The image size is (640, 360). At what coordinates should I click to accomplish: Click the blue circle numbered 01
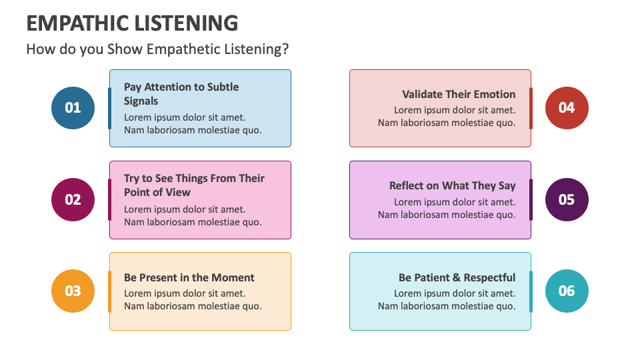[73, 107]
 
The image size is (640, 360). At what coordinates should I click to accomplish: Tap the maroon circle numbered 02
[73, 199]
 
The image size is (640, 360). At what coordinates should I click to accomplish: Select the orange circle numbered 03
[73, 291]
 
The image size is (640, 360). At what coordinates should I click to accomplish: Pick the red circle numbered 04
[567, 107]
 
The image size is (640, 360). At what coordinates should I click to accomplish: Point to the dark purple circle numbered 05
[567, 199]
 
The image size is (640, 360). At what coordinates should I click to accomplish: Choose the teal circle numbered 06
[567, 291]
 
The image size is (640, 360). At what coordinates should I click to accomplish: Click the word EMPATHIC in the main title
[74, 23]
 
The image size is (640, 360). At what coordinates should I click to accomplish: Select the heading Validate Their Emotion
[459, 95]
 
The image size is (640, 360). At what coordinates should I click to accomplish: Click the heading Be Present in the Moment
[189, 277]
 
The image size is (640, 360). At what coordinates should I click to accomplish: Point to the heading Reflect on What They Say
[453, 186]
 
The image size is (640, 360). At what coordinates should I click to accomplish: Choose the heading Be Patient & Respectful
[457, 277]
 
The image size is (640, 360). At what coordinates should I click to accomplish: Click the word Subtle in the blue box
[223, 87]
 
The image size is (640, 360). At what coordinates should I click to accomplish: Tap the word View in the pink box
[178, 193]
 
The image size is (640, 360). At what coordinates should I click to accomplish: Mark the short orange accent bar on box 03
[110, 291]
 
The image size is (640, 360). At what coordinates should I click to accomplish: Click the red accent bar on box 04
[531, 108]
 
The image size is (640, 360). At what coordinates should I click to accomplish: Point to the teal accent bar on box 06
[531, 291]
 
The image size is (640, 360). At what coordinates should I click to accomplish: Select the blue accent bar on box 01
[110, 108]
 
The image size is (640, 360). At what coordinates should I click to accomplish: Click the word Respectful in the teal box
[490, 277]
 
